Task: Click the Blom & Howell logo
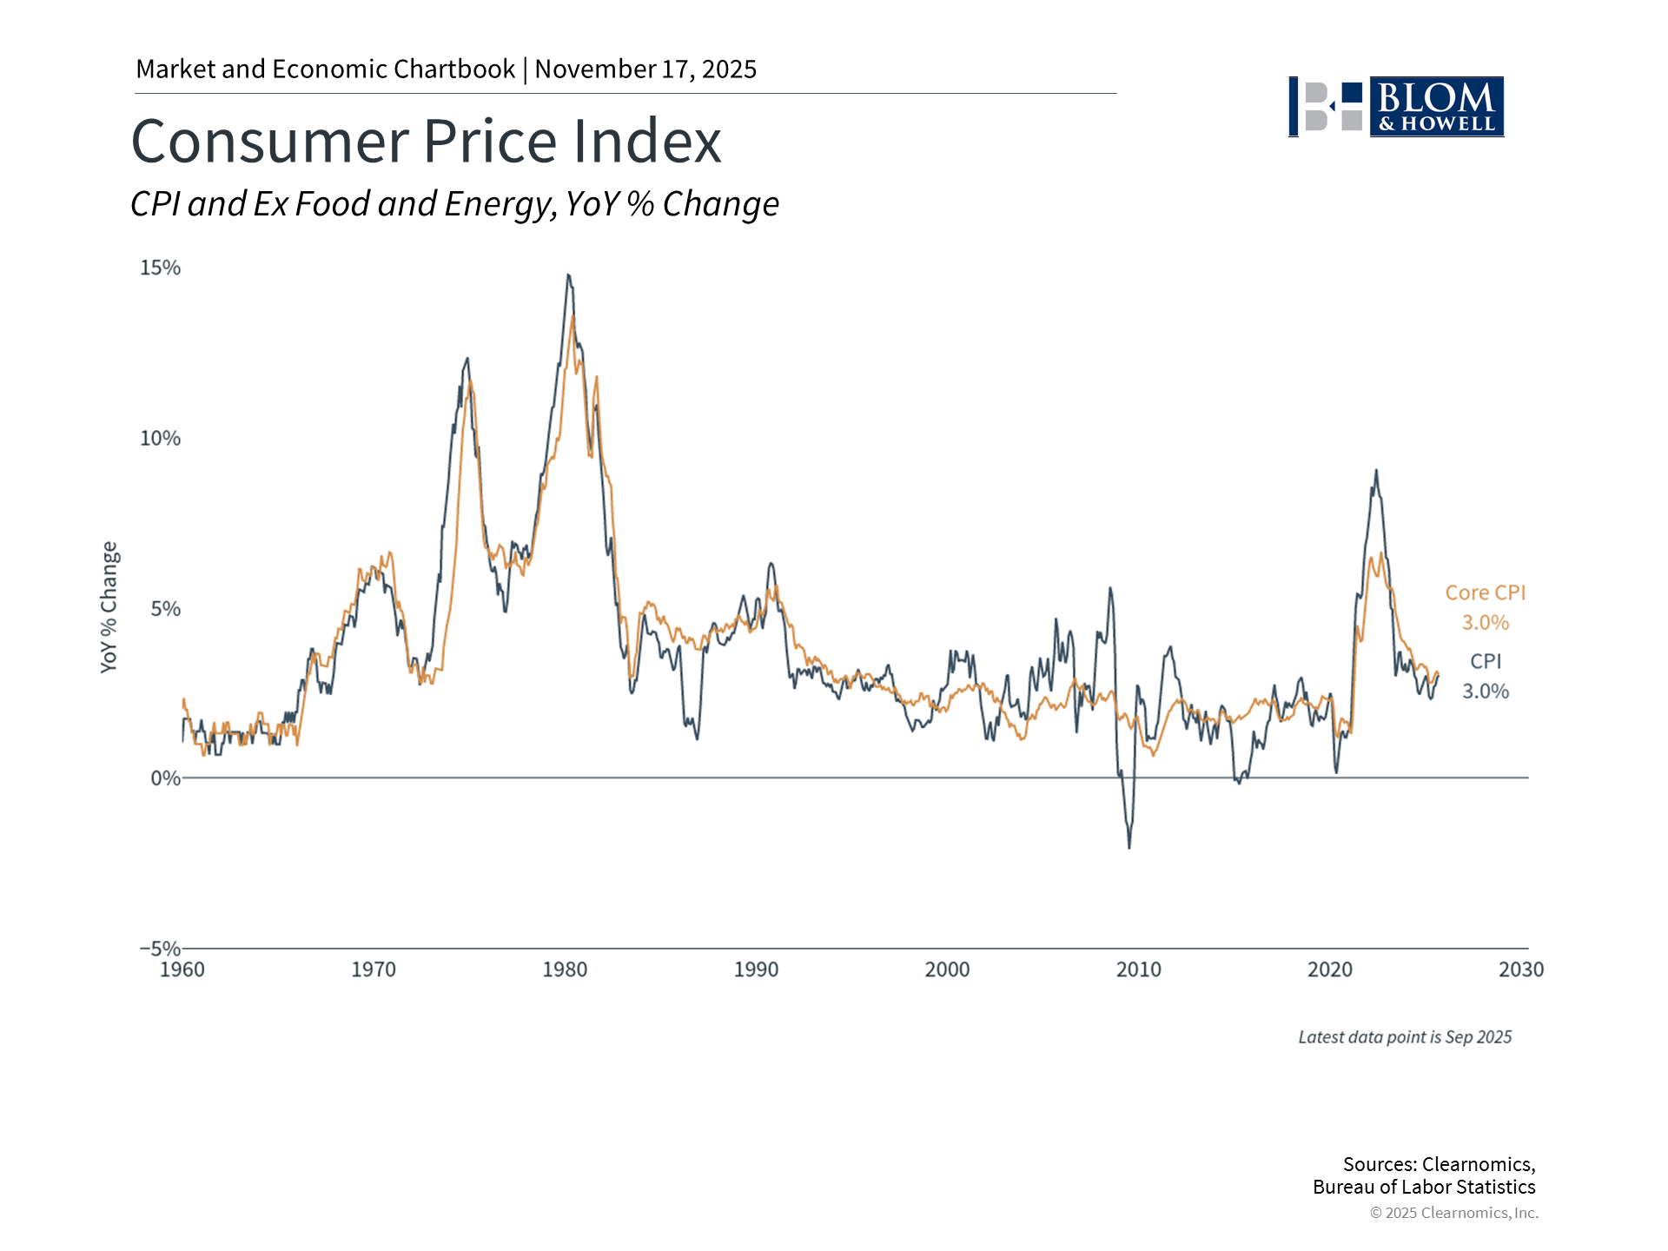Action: pyautogui.click(x=1396, y=107)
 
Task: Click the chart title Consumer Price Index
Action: pyautogui.click(x=426, y=142)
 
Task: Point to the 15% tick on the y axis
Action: pyautogui.click(x=161, y=268)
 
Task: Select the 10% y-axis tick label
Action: pyautogui.click(x=161, y=438)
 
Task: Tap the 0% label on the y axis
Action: pyautogui.click(x=166, y=778)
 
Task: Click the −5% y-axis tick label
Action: pyautogui.click(x=161, y=948)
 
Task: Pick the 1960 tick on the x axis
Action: pyautogui.click(x=182, y=970)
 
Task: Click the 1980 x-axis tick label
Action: pyautogui.click(x=565, y=970)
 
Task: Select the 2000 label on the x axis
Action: pyautogui.click(x=947, y=970)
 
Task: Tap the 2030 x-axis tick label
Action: pyautogui.click(x=1521, y=970)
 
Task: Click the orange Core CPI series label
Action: pyautogui.click(x=1486, y=592)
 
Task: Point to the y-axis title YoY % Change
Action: pyautogui.click(x=109, y=606)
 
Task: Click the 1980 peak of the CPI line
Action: pyautogui.click(x=568, y=275)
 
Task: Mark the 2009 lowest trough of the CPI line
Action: pyautogui.click(x=1129, y=847)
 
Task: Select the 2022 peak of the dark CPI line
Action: pyautogui.click(x=1376, y=471)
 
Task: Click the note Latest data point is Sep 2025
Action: pyautogui.click(x=1405, y=1037)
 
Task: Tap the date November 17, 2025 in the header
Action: pyautogui.click(x=645, y=69)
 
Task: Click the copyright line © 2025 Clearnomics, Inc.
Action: pyautogui.click(x=1454, y=1213)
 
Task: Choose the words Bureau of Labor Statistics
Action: pyautogui.click(x=1424, y=1188)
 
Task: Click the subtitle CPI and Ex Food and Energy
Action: pyautogui.click(x=343, y=204)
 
